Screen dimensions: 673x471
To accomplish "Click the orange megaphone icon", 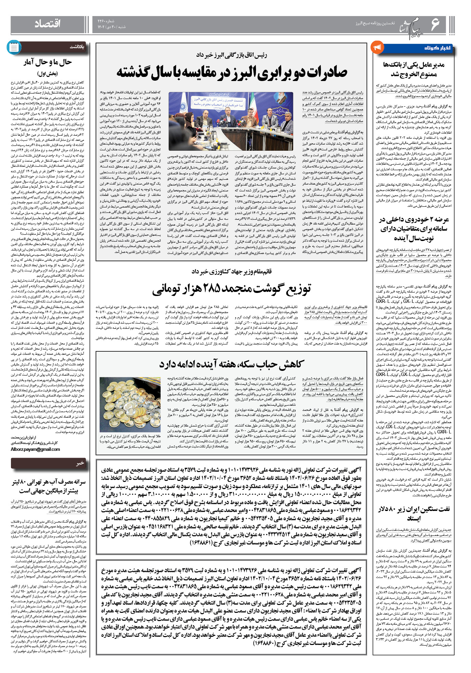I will point(377,47).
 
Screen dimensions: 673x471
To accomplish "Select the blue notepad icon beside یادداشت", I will point(14,48).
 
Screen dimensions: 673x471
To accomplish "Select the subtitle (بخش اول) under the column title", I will point(48,73).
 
